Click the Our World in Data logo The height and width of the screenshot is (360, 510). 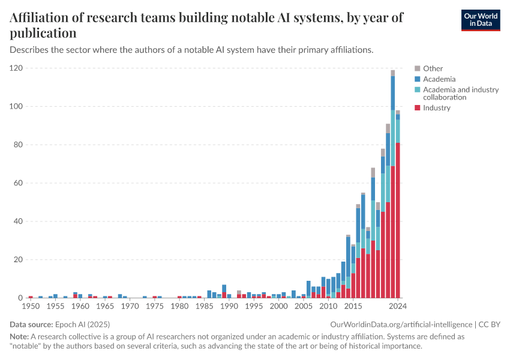[x=480, y=20]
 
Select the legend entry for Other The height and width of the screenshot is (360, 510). [x=433, y=68]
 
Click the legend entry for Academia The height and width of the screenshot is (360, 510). [x=439, y=79]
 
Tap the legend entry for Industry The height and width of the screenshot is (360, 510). [x=436, y=108]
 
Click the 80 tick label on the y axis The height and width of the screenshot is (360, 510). [x=17, y=145]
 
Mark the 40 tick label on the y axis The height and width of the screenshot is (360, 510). [x=17, y=221]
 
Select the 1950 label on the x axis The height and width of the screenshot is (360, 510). [x=30, y=307]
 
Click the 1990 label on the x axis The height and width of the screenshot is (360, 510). [x=229, y=307]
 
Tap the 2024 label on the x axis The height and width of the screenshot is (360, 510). [x=397, y=307]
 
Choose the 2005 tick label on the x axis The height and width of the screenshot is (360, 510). [x=303, y=307]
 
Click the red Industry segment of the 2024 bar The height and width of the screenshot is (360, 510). [x=397, y=222]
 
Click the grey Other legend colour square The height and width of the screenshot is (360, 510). [x=418, y=68]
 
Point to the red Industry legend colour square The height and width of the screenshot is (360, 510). [x=418, y=108]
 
